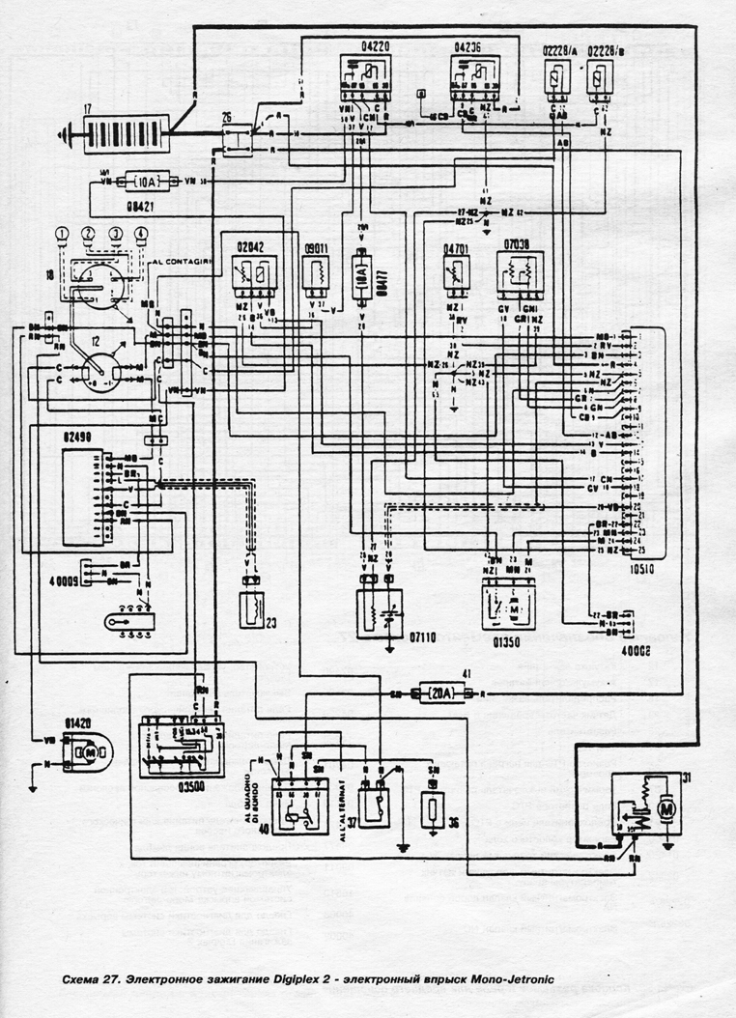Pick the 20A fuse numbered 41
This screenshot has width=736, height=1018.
click(x=440, y=693)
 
